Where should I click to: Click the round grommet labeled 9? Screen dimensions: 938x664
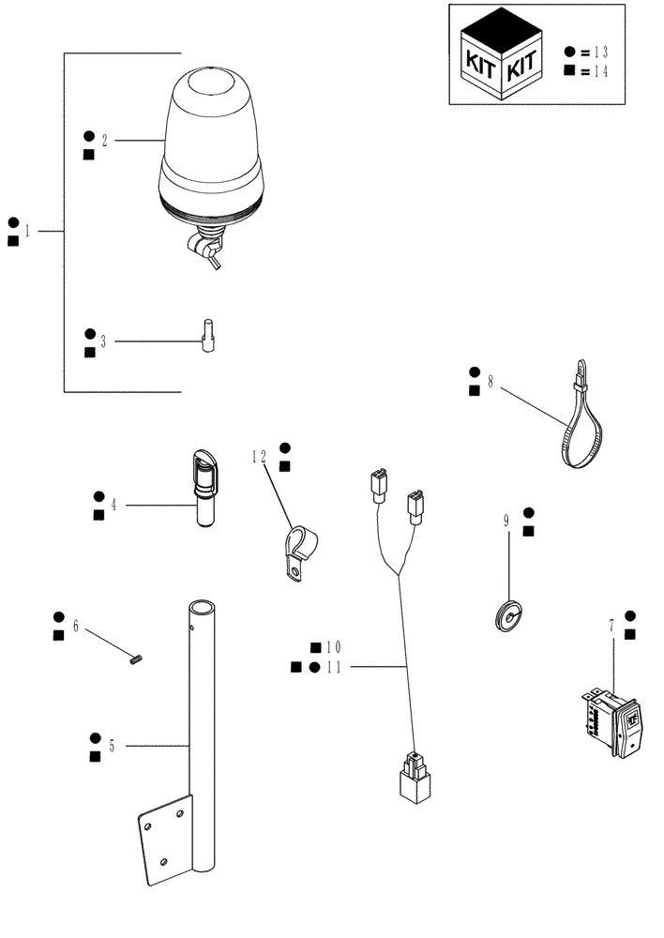click(x=507, y=615)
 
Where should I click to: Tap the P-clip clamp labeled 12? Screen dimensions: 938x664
click(x=298, y=552)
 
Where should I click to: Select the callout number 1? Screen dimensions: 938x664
click(x=27, y=231)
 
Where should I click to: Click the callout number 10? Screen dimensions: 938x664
click(x=334, y=648)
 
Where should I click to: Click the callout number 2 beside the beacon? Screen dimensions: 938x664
click(x=104, y=141)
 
